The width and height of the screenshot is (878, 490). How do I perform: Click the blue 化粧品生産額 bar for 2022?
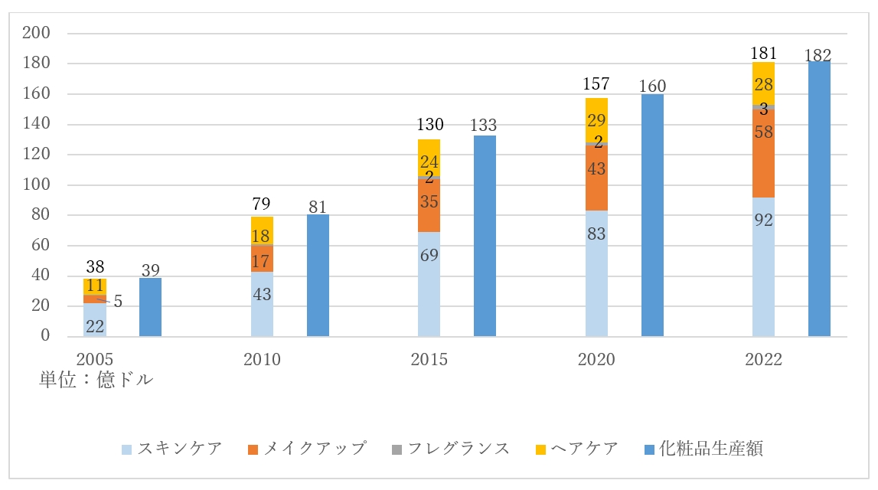pyautogui.click(x=819, y=199)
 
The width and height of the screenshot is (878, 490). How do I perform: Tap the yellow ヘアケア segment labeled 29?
pyautogui.click(x=596, y=119)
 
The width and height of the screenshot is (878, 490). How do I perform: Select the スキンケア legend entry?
pyautogui.click(x=173, y=449)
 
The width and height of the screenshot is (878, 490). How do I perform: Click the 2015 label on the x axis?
pyautogui.click(x=429, y=359)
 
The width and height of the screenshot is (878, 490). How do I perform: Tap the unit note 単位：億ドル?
pyautogui.click(x=96, y=380)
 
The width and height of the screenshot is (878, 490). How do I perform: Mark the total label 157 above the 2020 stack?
pyautogui.click(x=596, y=83)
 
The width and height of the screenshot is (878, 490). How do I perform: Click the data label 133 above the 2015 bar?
pyautogui.click(x=485, y=125)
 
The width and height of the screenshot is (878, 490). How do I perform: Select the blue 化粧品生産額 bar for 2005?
pyautogui.click(x=150, y=307)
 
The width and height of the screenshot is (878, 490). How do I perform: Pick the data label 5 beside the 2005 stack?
pyautogui.click(x=118, y=302)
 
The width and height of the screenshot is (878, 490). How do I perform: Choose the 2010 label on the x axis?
pyautogui.click(x=262, y=359)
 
